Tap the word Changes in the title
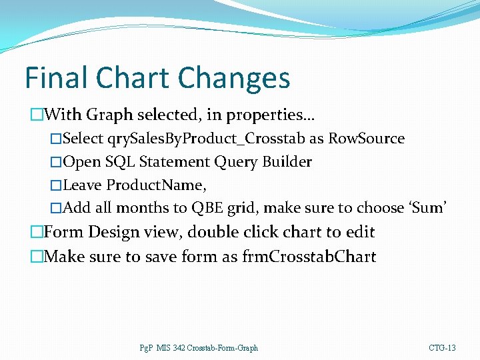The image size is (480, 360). pyautogui.click(x=234, y=79)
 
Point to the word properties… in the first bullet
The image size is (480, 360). pyautogui.click(x=271, y=115)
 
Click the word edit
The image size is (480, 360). pyautogui.click(x=360, y=233)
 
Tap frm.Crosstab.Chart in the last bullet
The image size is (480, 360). pyautogui.click(x=309, y=257)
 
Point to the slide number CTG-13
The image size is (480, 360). pyautogui.click(x=443, y=348)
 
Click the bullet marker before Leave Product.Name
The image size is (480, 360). pyautogui.click(x=56, y=185)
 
